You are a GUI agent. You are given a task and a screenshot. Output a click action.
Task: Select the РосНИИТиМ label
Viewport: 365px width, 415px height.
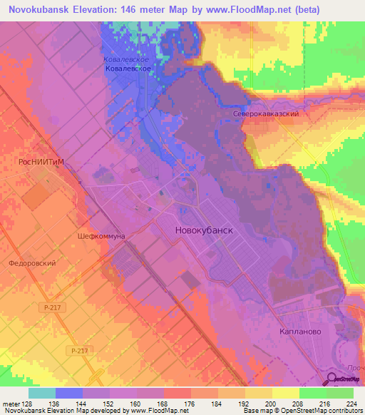pos(41,162)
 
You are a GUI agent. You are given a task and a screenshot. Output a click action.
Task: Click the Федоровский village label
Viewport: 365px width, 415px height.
pos(33,263)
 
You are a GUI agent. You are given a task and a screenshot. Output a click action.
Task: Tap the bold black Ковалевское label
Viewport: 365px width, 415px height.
pos(127,70)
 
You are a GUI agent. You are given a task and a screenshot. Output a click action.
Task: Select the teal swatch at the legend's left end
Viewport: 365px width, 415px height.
pos(42,392)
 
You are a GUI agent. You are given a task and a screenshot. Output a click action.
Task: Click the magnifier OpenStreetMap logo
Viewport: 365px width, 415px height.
pos(333,379)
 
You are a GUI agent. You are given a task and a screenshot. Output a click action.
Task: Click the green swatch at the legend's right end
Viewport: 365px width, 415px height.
pos(340,392)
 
